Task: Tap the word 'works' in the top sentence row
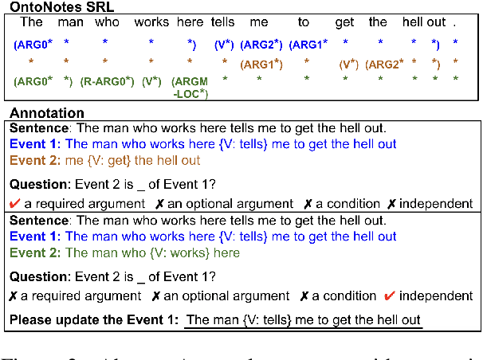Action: click(151, 22)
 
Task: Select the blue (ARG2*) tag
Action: click(261, 43)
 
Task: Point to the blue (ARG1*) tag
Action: click(308, 43)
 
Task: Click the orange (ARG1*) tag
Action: click(261, 64)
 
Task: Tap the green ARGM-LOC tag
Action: click(190, 88)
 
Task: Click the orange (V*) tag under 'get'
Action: click(348, 64)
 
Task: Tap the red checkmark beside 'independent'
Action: click(390, 296)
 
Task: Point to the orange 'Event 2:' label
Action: click(34, 160)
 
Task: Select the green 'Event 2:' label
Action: click(34, 252)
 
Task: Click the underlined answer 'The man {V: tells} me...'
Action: click(303, 320)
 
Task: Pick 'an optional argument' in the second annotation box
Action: click(221, 296)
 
